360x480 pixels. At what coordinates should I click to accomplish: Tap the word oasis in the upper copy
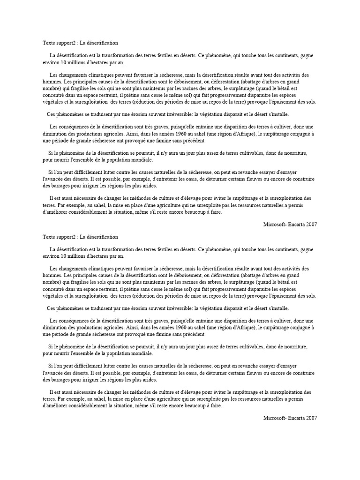click(x=187, y=179)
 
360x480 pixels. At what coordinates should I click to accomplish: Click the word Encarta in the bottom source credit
click(x=297, y=418)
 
